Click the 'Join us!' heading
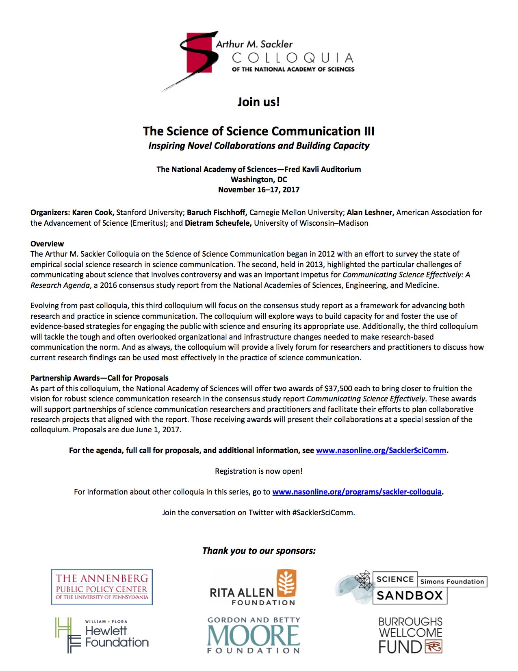[x=259, y=102]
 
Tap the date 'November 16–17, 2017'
[x=259, y=190]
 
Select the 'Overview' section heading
[x=47, y=244]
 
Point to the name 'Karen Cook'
[x=93, y=212]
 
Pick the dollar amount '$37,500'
[x=341, y=388]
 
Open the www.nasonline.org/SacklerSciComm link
[x=381, y=450]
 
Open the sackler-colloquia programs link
[x=357, y=492]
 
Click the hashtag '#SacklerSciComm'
[x=323, y=512]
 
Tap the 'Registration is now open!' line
[x=259, y=471]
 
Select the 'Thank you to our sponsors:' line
[x=259, y=551]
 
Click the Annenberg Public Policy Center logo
[x=102, y=587]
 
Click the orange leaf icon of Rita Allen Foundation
[x=286, y=583]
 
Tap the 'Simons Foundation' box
[x=452, y=582]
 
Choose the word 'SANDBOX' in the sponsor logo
[x=410, y=595]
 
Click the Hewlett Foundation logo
[x=102, y=635]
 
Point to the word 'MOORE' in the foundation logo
[x=254, y=636]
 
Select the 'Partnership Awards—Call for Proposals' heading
[x=100, y=378]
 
